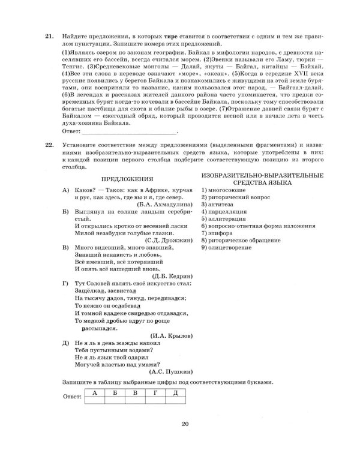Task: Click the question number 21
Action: [49, 37]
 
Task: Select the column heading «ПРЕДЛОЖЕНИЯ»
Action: [126, 179]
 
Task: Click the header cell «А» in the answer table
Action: [94, 393]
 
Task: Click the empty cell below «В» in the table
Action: [135, 401]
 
